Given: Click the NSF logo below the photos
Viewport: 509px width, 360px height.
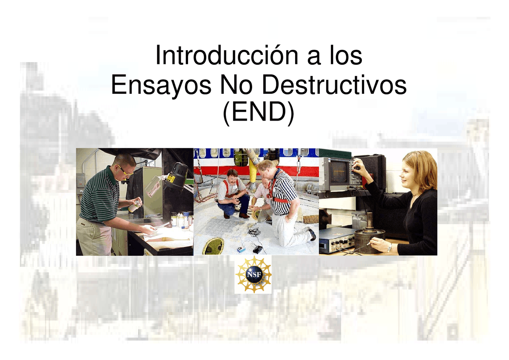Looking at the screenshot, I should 253,274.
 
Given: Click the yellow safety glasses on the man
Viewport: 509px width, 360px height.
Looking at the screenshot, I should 126,172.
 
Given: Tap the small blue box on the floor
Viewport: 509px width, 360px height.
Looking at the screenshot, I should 241,249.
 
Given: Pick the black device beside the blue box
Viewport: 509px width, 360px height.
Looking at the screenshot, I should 257,249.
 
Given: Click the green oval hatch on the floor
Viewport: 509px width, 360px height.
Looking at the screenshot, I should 213,246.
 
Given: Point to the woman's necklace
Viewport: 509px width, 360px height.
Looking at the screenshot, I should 414,195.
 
